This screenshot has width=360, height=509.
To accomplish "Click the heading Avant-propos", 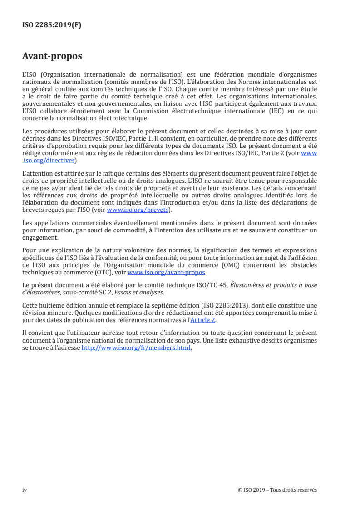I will tap(52, 56).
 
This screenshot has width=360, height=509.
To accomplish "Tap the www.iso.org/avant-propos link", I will tap(167, 273).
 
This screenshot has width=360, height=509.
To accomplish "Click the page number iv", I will tap(25, 489).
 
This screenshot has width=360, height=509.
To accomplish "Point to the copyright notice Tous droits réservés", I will tap(295, 489).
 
